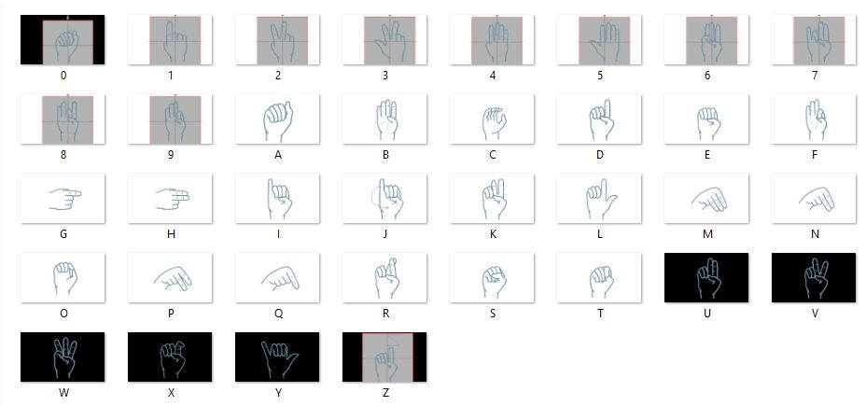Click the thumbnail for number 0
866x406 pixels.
[63, 40]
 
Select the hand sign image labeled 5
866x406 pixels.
[599, 40]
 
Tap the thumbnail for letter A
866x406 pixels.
[277, 119]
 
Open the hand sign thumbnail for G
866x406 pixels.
[63, 199]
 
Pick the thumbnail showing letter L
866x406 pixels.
[599, 199]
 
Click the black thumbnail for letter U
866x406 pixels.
[706, 278]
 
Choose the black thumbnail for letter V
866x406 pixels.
[814, 278]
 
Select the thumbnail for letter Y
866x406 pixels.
[277, 357]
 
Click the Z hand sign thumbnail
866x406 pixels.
[384, 357]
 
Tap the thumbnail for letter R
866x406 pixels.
[384, 278]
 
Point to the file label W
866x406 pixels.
[63, 393]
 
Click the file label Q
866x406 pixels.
[277, 314]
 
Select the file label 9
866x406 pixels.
[171, 155]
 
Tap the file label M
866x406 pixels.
[706, 234]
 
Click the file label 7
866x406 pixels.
[814, 76]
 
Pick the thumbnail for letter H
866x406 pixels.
[170, 199]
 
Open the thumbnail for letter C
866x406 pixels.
[492, 119]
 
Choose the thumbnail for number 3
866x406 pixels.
[384, 40]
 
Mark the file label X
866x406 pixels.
[171, 393]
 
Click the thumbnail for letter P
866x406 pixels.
[170, 278]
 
